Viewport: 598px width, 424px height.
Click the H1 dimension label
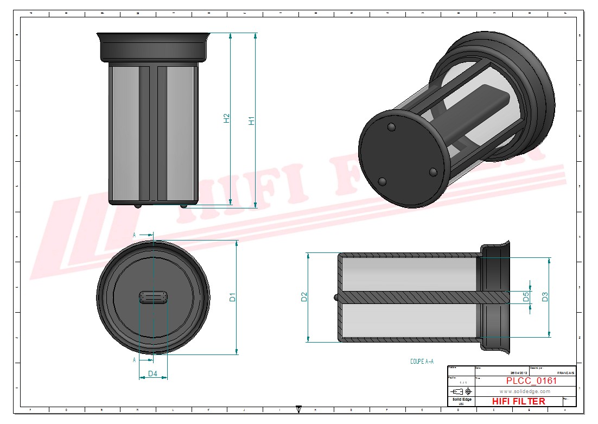[251, 121]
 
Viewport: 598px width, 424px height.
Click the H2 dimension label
[227, 118]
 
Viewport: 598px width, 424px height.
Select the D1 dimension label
[232, 297]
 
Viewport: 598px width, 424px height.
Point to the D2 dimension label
[304, 297]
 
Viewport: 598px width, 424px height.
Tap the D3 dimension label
[545, 297]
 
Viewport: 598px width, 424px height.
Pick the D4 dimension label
[152, 374]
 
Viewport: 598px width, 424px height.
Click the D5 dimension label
[525, 297]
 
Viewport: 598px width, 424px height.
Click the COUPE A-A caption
[422, 361]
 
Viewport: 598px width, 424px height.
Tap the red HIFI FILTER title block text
[518, 401]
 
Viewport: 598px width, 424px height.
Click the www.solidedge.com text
[524, 391]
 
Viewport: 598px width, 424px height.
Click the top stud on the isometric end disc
[391, 127]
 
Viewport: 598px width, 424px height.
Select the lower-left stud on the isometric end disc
[382, 181]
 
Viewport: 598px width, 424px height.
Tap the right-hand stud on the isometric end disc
[432, 172]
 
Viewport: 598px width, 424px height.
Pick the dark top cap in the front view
[153, 47]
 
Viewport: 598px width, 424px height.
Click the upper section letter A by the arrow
[134, 235]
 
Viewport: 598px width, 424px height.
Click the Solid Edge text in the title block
[462, 400]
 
